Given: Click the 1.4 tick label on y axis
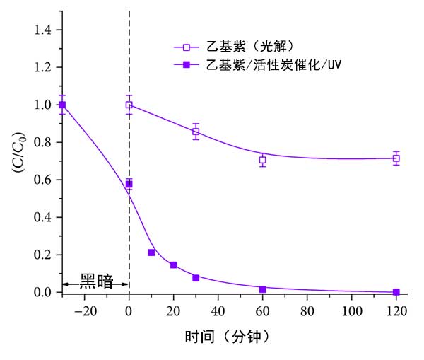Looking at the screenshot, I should (x=43, y=30).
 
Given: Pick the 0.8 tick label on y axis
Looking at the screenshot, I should (x=43, y=142).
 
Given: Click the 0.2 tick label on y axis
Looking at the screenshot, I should (x=43, y=255).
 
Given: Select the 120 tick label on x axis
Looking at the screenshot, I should (x=396, y=309).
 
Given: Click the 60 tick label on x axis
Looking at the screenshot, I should (x=262, y=309).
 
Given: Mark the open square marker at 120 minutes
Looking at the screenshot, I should (x=396, y=158).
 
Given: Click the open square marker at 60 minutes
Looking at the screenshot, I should (x=262, y=160).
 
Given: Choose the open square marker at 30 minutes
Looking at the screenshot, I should (x=196, y=132).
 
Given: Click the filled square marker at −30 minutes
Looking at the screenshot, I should (x=62, y=105).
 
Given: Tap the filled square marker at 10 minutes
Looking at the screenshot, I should (x=151, y=252).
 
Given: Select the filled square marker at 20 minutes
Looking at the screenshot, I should (x=173, y=265).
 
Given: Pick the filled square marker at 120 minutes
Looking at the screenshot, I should (x=396, y=292).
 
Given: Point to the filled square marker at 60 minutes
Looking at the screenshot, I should (x=262, y=289).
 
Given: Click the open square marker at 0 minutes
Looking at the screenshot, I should (x=129, y=105).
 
